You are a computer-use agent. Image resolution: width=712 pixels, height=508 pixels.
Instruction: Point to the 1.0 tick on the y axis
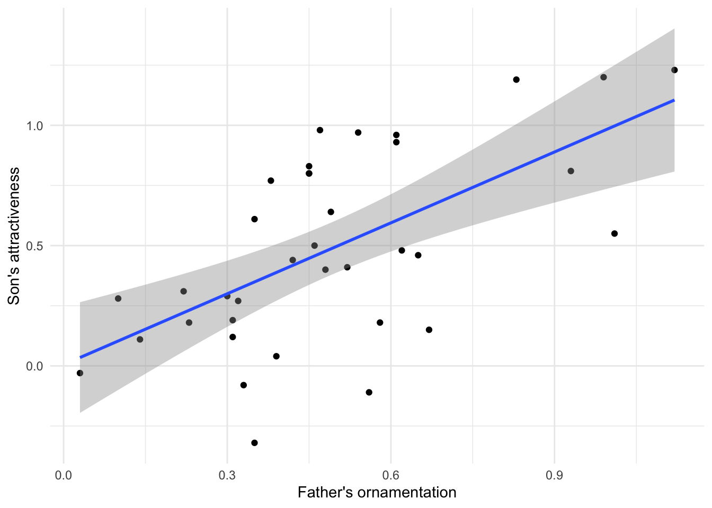tap(36, 125)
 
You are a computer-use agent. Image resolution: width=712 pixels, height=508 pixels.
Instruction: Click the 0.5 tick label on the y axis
tap(36, 246)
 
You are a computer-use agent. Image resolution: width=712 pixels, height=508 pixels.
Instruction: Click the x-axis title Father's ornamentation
tap(377, 493)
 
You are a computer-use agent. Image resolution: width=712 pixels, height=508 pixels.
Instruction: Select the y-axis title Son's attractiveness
tap(14, 235)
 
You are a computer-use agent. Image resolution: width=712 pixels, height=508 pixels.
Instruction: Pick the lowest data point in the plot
tap(254, 443)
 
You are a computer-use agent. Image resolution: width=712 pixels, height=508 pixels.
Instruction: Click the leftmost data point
tap(80, 373)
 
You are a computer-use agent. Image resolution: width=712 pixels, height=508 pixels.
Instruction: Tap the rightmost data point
tap(674, 70)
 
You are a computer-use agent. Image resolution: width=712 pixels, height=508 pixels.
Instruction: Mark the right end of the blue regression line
tap(674, 100)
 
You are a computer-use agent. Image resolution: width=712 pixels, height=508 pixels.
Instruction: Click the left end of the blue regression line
tap(80, 358)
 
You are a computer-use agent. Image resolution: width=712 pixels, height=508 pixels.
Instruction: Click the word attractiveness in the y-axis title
tap(14, 216)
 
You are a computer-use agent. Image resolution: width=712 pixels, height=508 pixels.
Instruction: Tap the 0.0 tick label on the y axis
tap(36, 366)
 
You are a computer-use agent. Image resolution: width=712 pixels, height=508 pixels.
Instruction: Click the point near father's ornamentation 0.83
tap(516, 79)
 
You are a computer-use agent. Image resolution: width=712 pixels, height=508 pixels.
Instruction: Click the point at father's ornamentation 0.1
tap(118, 298)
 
